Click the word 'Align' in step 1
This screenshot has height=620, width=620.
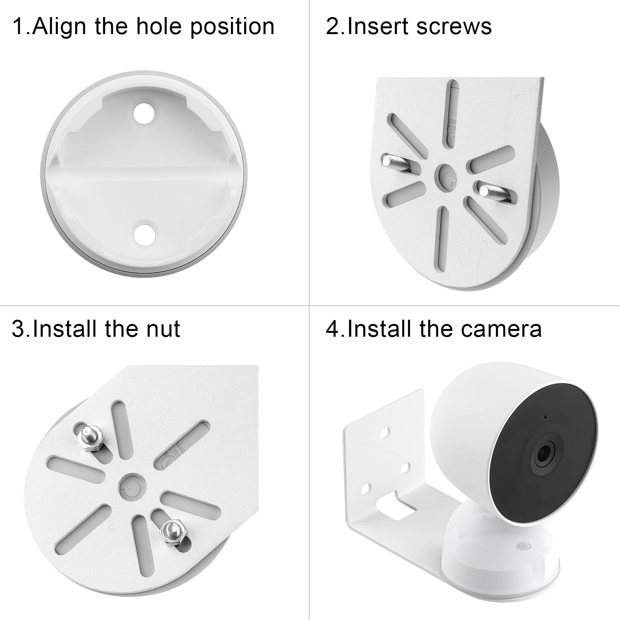click(60, 26)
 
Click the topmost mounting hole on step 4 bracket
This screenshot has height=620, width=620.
click(384, 432)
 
